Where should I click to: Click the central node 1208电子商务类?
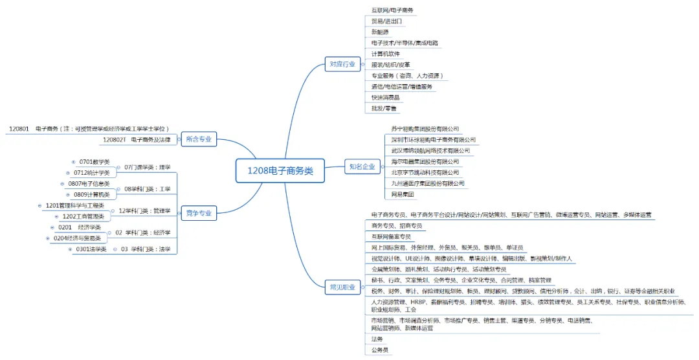point(280,171)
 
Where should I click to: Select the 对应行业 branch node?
point(343,63)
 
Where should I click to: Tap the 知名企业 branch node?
point(362,166)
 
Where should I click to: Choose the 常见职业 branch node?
point(343,287)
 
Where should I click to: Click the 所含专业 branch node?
point(198,139)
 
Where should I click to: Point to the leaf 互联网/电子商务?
point(393,10)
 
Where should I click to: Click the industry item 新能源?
point(381,32)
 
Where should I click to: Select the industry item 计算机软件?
point(386,53)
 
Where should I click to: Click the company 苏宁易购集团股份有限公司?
point(425,129)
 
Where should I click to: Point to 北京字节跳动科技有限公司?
point(425,172)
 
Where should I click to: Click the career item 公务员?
point(380,350)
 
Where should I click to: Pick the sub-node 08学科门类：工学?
point(147,189)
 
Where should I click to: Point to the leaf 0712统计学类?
point(91,173)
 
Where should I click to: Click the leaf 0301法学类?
point(91,249)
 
